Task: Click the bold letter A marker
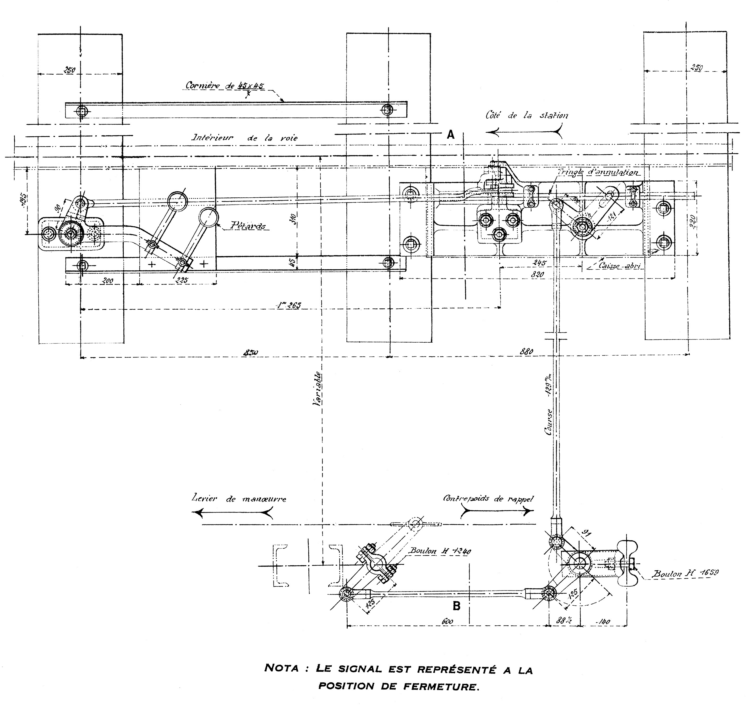point(450,134)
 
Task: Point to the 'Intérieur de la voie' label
point(244,138)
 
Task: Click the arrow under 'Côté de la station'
point(524,132)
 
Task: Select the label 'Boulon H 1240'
point(440,551)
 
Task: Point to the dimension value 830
point(251,353)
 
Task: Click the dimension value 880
point(526,351)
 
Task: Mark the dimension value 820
point(537,274)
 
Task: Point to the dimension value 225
point(182,280)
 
